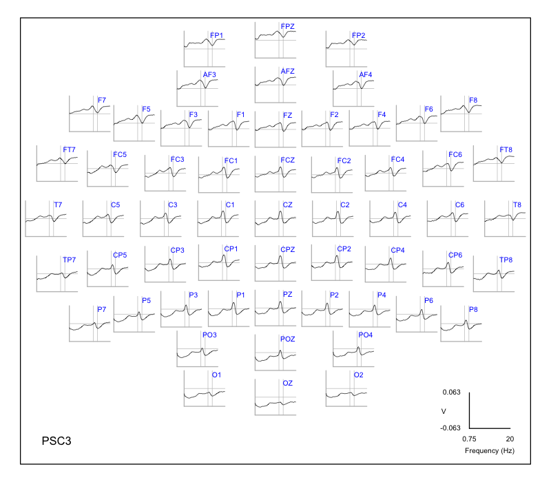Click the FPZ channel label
point(287,26)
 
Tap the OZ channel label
point(287,383)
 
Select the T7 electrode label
point(57,205)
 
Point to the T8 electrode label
point(517,205)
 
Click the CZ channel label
point(287,205)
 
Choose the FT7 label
point(69,150)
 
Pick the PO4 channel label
point(365,335)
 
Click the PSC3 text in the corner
point(56,439)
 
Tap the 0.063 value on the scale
point(451,392)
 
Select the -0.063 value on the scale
point(450,428)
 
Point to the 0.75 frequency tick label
point(470,438)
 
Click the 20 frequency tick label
point(510,438)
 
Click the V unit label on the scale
point(453,410)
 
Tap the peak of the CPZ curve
point(280,255)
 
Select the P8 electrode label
point(473,309)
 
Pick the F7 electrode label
point(101,101)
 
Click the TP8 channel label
point(506,260)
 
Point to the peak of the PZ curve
point(280,301)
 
